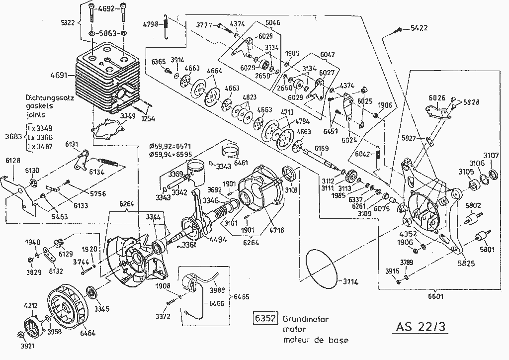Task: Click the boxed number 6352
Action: pos(265,319)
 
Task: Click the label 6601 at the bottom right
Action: pos(435,296)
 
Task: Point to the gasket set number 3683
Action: pos(11,137)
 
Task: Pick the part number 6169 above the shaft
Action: pos(322,148)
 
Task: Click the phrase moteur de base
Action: pos(316,341)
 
